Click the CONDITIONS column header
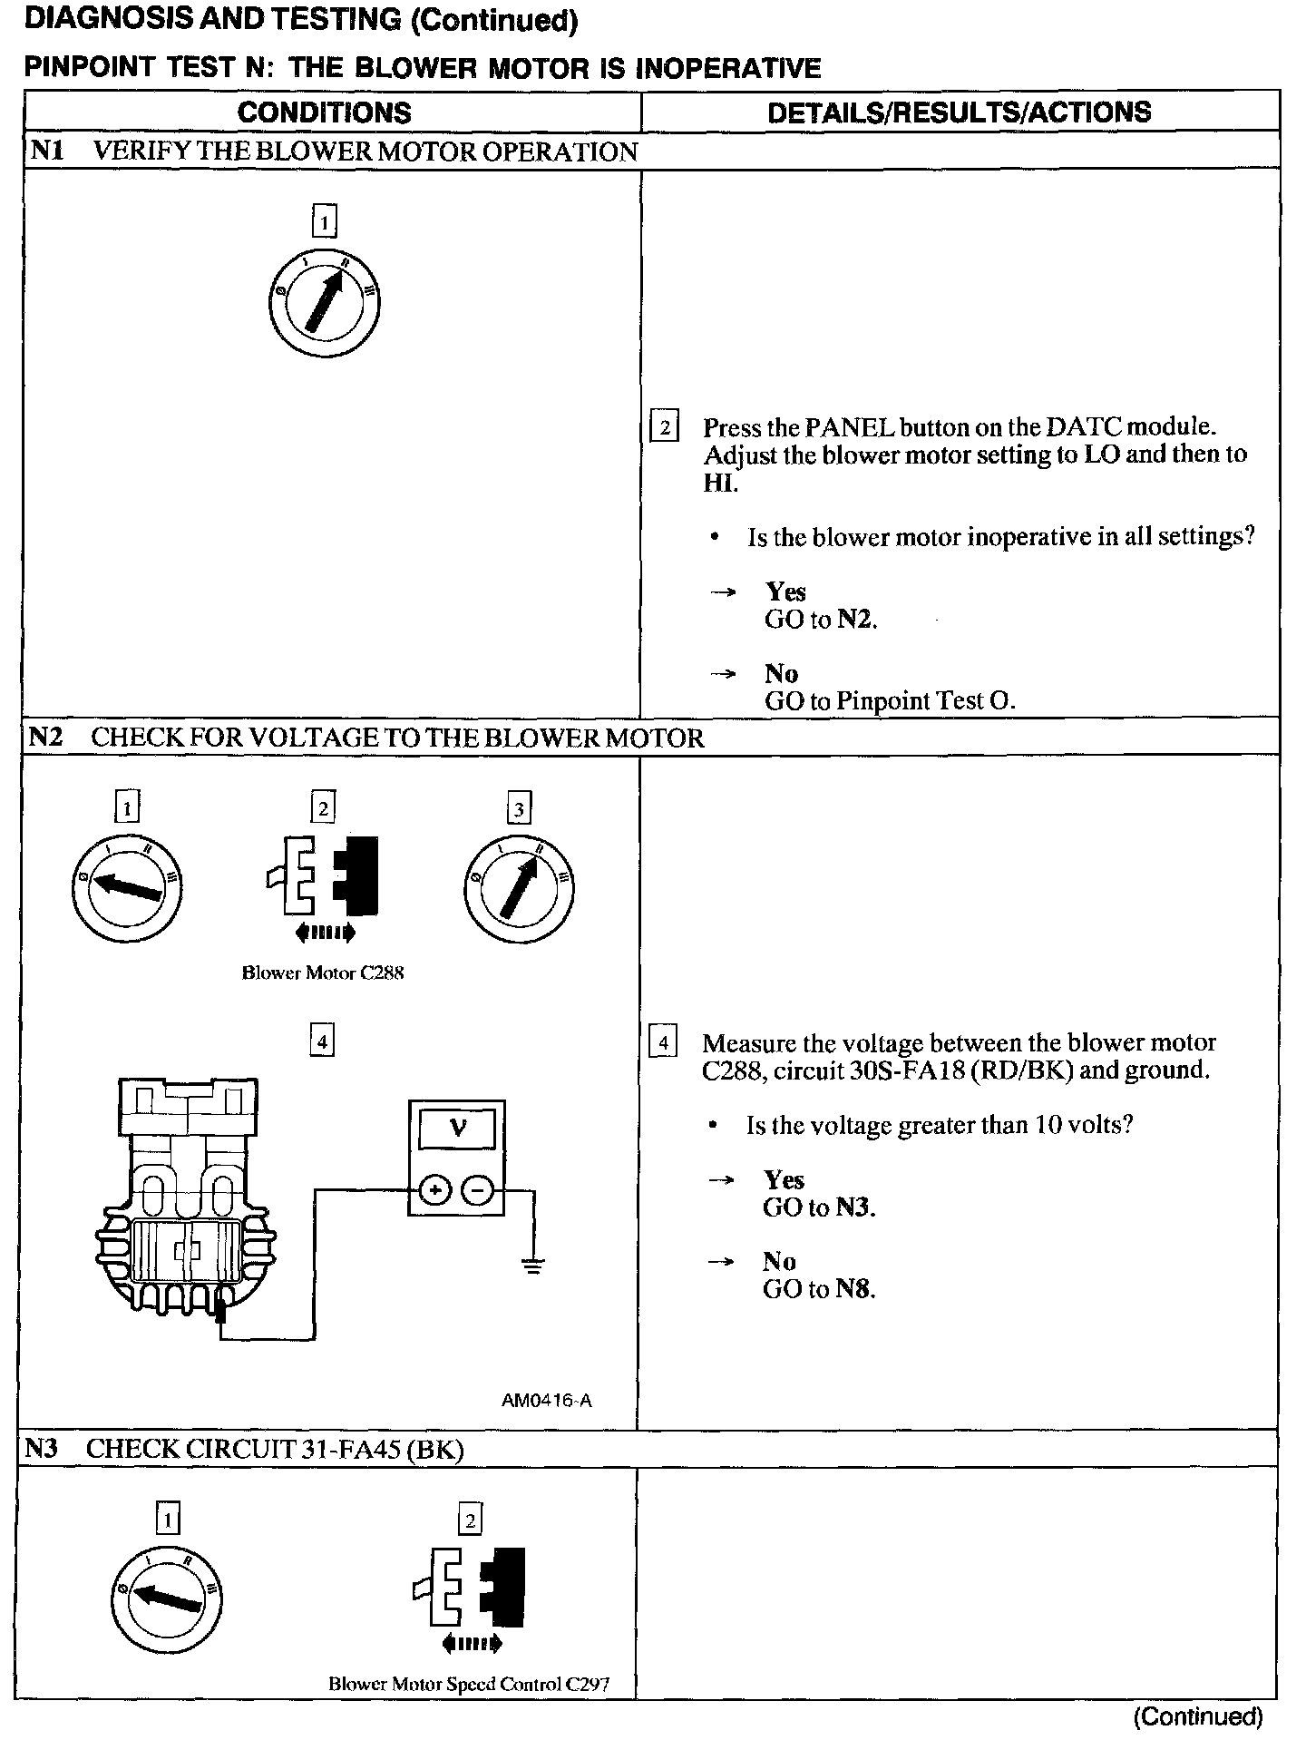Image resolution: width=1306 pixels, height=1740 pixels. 324,112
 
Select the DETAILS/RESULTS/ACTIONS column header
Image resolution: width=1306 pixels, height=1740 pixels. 959,112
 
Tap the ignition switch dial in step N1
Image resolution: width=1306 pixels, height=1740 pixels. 325,302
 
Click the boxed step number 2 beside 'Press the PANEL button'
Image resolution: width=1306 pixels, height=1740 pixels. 664,426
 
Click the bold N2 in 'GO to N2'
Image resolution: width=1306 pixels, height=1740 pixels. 855,620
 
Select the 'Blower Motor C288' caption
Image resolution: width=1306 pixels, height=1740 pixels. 323,973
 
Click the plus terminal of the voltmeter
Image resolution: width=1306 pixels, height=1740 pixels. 435,1189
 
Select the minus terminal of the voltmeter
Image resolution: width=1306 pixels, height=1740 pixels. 478,1189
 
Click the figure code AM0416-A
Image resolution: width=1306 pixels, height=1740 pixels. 546,1400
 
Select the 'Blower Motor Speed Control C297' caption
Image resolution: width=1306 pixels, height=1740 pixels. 469,1684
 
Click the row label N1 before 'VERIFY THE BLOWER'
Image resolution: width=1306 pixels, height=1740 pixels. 48,151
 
